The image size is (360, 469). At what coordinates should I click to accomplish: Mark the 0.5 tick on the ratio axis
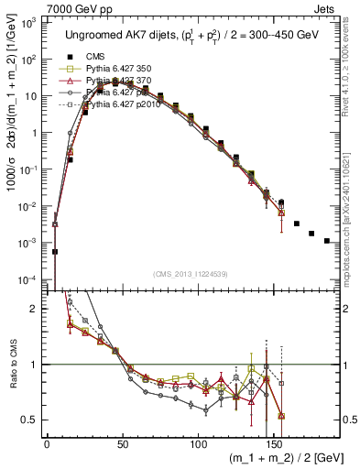click(30, 420)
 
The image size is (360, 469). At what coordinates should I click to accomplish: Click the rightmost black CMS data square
click(327, 241)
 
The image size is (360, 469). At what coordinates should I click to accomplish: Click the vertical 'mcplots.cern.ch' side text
click(352, 216)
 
